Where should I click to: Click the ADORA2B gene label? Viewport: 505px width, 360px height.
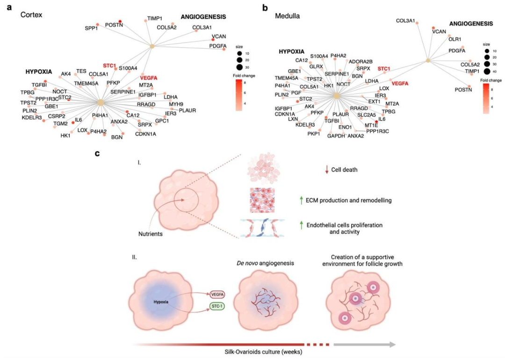coord(360,61)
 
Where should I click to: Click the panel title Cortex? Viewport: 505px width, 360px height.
coord(32,15)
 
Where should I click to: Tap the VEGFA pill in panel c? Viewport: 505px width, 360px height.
coord(216,295)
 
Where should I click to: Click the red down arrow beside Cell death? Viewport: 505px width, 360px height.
coord(301,170)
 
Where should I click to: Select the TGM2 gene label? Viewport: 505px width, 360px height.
coord(61,124)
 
